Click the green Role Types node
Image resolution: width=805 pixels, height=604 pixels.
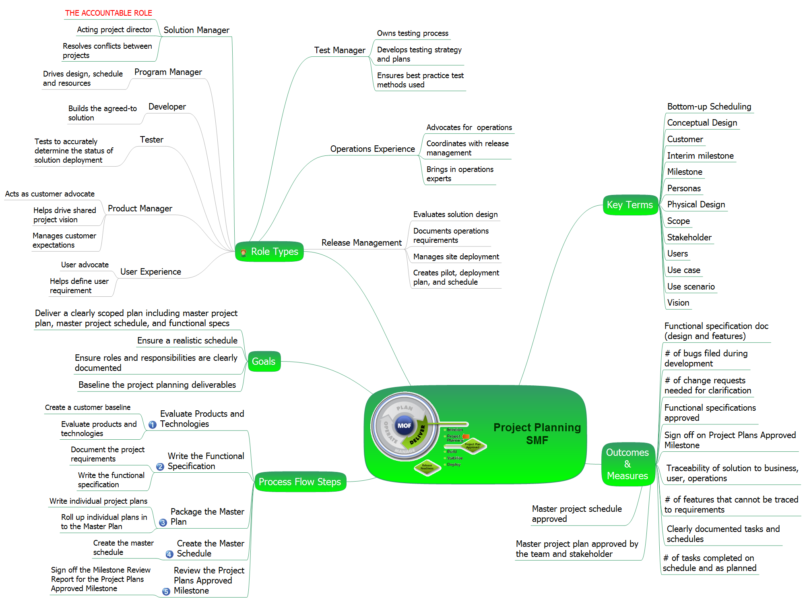270,252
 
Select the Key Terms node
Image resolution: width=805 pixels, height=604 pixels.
630,205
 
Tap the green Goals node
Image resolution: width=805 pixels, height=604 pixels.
264,361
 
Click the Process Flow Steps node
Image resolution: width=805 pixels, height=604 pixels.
300,482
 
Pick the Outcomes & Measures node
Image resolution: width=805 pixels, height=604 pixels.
627,464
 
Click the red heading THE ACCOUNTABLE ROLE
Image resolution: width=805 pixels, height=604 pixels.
109,13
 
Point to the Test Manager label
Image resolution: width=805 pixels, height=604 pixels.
340,50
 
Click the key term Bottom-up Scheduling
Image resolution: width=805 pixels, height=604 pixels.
709,107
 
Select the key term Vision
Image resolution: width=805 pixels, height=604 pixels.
678,303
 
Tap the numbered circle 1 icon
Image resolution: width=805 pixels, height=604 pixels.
153,424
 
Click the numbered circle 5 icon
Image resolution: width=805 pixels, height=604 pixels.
166,591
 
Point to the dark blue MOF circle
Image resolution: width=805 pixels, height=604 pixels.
404,426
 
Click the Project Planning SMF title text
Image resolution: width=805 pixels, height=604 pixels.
537,434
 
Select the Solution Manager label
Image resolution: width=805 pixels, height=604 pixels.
196,30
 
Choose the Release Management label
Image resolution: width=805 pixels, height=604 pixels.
361,243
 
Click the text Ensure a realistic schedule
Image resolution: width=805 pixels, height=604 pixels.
187,341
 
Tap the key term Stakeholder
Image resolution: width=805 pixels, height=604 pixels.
689,238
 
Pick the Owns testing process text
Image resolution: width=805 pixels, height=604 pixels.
413,33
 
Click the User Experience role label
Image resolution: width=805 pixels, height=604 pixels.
151,272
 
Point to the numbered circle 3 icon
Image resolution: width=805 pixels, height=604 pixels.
163,522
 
